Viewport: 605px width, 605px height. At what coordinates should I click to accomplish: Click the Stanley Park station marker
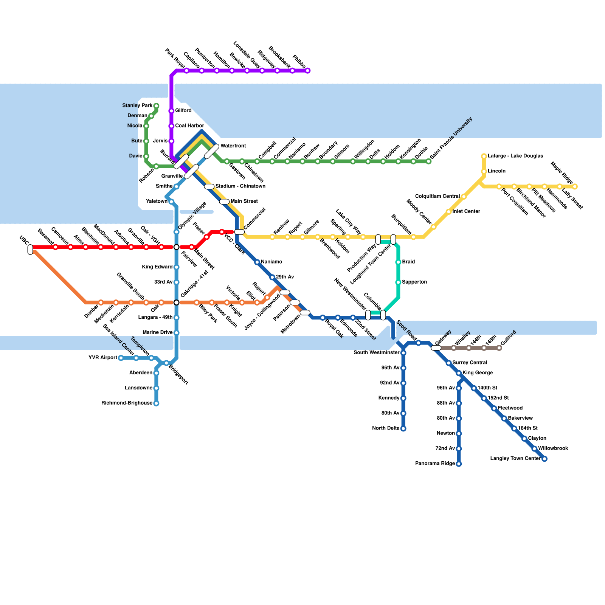156,106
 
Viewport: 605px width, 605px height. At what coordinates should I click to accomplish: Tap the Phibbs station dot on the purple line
308,71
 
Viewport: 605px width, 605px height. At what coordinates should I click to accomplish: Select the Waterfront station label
233,146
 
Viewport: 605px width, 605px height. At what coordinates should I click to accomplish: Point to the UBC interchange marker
30,250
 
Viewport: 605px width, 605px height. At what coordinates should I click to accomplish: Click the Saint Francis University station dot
428,161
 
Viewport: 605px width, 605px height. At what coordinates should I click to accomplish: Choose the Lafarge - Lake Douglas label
515,156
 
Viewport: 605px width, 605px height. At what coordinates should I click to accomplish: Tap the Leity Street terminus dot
575,187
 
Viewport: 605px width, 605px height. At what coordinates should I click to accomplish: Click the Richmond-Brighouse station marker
156,403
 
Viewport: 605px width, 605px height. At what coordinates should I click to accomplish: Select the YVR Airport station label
102,358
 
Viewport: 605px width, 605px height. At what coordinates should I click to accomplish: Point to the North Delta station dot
403,429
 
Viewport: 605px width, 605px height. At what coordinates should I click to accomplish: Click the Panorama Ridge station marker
459,464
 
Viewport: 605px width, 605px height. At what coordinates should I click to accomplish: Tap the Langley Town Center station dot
544,459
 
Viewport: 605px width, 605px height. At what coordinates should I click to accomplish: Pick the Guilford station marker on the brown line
499,348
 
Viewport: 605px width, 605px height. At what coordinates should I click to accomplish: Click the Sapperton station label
414,282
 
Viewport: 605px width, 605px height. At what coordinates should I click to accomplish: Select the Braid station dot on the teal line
398,262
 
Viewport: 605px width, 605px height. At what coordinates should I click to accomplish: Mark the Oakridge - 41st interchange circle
176,302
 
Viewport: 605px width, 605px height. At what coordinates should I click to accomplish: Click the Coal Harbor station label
189,126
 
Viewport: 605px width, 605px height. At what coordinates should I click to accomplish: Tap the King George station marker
459,373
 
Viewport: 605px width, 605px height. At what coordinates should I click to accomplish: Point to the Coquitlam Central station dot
464,197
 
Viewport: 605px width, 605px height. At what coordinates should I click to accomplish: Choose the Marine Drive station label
157,333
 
